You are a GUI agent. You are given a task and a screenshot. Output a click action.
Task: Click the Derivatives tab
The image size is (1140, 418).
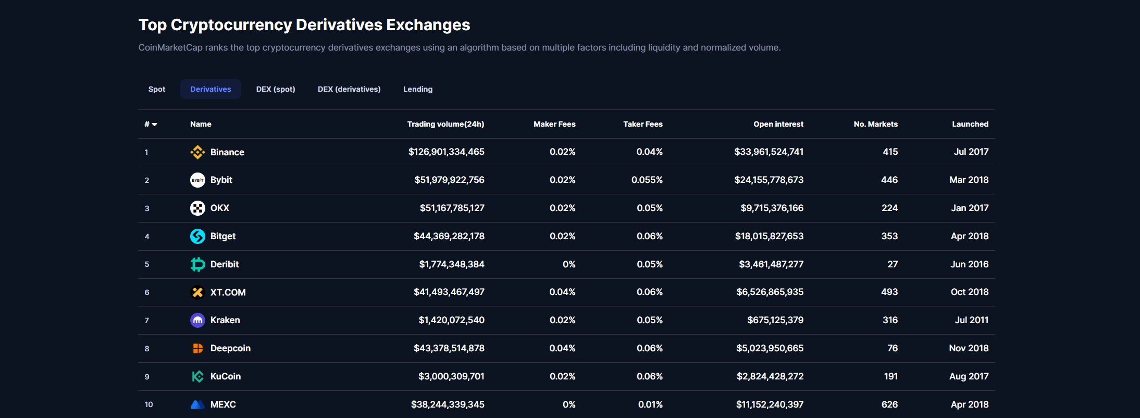(x=210, y=89)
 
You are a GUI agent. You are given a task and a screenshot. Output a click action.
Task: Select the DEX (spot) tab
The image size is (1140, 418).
(x=275, y=89)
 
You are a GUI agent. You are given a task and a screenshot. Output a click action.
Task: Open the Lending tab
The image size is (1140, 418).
(x=417, y=89)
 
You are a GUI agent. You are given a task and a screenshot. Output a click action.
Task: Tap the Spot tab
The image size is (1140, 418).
(x=156, y=89)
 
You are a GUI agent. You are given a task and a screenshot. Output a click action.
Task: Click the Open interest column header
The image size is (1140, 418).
(x=778, y=124)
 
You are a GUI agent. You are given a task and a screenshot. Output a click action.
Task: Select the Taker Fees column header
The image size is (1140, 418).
(x=642, y=124)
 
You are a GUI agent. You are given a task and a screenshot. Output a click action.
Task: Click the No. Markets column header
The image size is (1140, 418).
(x=875, y=124)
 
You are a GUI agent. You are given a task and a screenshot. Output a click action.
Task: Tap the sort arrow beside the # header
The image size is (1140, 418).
(x=155, y=125)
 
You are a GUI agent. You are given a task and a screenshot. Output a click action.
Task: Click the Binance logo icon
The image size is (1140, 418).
(x=197, y=152)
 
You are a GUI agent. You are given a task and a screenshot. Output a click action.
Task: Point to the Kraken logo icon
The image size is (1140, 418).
(x=197, y=321)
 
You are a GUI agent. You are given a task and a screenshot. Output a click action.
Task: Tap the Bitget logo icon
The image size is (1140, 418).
(x=197, y=236)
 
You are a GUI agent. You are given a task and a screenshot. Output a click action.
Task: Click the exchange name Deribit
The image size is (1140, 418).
(x=224, y=264)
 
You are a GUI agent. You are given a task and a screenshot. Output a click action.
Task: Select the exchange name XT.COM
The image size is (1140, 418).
(x=228, y=292)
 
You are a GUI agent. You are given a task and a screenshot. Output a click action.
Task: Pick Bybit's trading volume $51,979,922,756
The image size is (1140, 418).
(x=449, y=180)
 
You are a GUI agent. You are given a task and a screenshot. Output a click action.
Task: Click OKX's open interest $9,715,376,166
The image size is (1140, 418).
(x=772, y=208)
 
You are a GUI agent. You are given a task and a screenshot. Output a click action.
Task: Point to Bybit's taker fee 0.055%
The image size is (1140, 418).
(x=647, y=180)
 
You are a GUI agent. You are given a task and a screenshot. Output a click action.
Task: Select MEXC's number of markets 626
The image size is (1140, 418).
(x=889, y=404)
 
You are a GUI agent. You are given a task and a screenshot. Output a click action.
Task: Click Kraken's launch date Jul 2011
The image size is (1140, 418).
(x=971, y=320)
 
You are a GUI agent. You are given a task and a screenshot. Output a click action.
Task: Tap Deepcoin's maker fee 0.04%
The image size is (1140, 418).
(x=562, y=348)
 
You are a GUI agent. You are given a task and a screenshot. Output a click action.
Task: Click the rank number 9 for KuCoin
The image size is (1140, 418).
(x=147, y=377)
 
